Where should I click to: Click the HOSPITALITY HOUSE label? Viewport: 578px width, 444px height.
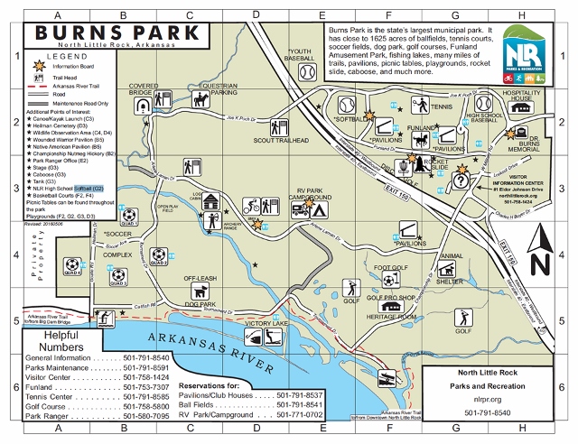(520, 97)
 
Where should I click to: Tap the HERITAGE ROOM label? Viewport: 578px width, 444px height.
(391, 318)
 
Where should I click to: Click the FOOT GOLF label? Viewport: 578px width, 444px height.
(392, 268)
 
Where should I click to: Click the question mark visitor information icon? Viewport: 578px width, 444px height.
(460, 180)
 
